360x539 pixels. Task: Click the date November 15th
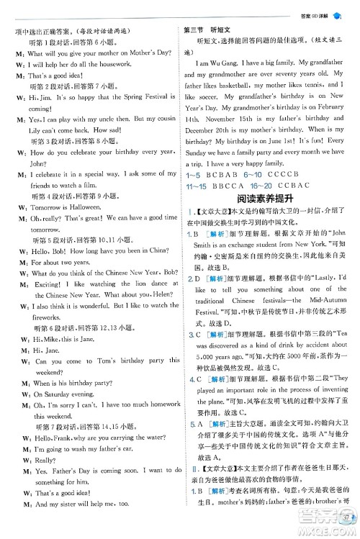222,117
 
